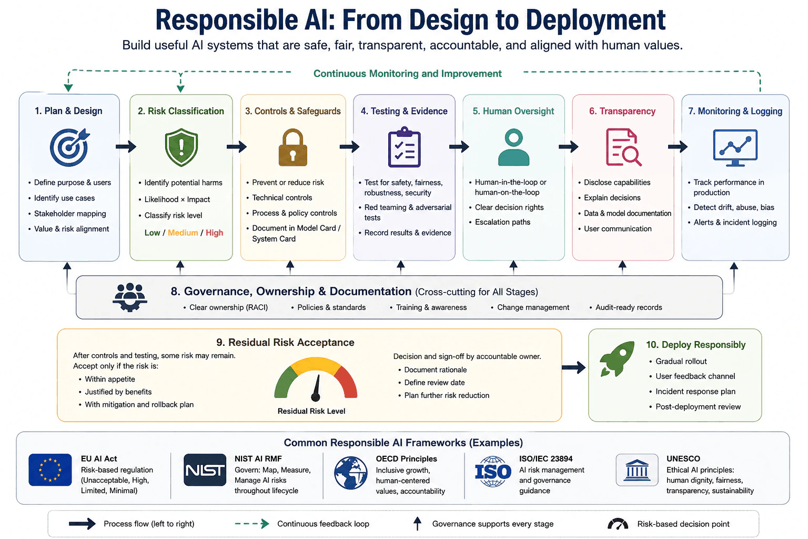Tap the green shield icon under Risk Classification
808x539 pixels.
click(x=181, y=147)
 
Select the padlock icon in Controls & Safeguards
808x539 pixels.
click(x=292, y=147)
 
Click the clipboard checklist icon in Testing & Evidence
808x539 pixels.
click(x=404, y=147)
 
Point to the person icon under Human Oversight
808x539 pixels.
click(x=513, y=147)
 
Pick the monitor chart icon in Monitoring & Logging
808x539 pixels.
click(x=735, y=147)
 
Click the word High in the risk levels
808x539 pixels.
click(x=214, y=233)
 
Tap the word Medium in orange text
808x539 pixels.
click(x=183, y=233)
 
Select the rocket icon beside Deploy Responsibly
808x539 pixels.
click(x=617, y=358)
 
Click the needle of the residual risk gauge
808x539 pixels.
click(x=317, y=388)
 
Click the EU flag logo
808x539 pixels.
click(x=50, y=470)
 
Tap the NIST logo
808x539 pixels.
click(x=205, y=470)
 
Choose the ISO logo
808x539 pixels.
click(x=493, y=472)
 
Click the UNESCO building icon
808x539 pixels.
click(x=637, y=470)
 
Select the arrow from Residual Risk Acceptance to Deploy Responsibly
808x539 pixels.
click(x=573, y=367)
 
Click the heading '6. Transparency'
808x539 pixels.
click(x=622, y=111)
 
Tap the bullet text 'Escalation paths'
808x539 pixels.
click(x=502, y=222)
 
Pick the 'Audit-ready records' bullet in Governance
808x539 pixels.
click(x=629, y=307)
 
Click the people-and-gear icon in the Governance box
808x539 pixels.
click(x=130, y=297)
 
